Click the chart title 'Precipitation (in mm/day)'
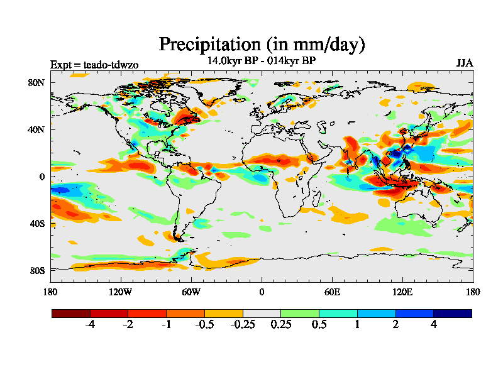262,45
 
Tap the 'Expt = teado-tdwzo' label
94,64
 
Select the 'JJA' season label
465,63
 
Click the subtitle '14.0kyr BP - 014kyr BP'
261,61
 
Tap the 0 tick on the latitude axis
42,177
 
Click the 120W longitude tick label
121,292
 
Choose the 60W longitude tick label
191,292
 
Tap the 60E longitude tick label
332,292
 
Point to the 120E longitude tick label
402,292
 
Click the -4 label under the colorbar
90,325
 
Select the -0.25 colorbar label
243,325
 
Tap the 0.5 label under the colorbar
319,325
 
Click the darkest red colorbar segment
71,313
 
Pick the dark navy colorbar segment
452,313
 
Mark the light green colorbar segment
300,313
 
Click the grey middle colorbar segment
262,313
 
